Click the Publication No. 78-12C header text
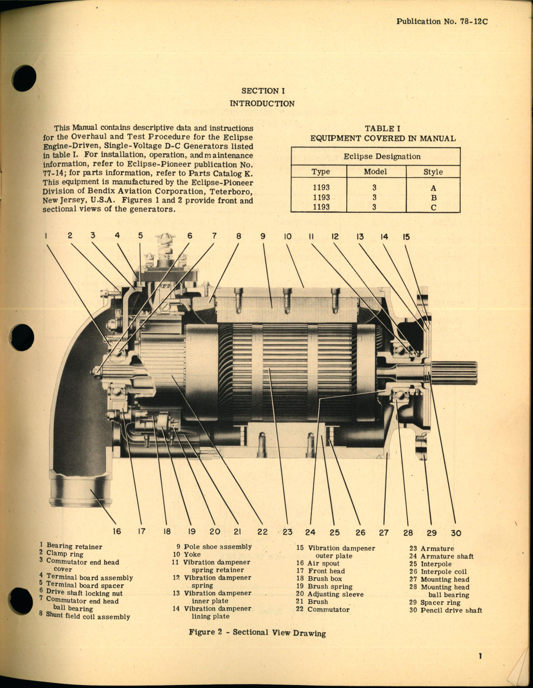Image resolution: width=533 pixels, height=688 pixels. pyautogui.click(x=442, y=21)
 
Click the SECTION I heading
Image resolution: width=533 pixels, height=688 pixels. pyautogui.click(x=263, y=91)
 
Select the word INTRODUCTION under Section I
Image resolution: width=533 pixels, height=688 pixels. pyautogui.click(x=262, y=103)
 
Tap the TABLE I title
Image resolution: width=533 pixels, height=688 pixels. pyautogui.click(x=382, y=129)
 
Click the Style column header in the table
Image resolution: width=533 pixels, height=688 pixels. pyautogui.click(x=433, y=172)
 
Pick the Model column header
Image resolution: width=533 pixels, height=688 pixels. pyautogui.click(x=375, y=171)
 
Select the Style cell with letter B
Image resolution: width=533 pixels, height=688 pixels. pyautogui.click(x=434, y=198)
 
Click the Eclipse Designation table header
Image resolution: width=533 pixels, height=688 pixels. pyautogui.click(x=382, y=156)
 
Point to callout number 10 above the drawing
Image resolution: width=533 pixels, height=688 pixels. pyautogui.click(x=287, y=237)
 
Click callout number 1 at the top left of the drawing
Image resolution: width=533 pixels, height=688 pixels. pyautogui.click(x=46, y=236)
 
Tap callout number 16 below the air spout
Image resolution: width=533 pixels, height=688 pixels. pyautogui.click(x=117, y=531)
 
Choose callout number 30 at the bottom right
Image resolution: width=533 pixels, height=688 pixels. pyautogui.click(x=456, y=533)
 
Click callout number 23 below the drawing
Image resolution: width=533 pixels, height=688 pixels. pyautogui.click(x=287, y=532)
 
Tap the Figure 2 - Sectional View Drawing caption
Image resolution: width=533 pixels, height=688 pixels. pyautogui.click(x=257, y=632)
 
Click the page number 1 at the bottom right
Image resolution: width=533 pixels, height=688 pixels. pyautogui.click(x=480, y=656)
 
